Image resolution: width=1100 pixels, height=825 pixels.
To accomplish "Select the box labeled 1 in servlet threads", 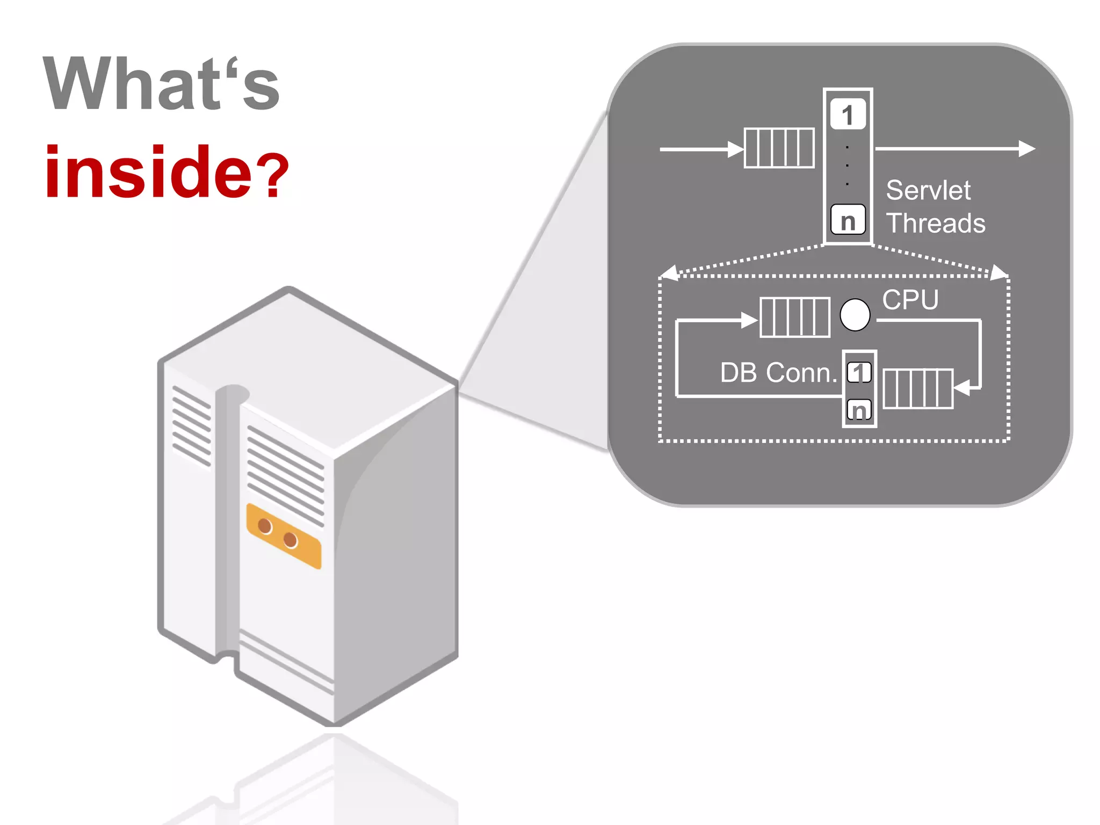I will coord(848,114).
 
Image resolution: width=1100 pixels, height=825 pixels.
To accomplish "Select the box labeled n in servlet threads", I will coord(848,220).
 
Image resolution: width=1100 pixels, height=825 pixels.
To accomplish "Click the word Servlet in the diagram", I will coord(928,190).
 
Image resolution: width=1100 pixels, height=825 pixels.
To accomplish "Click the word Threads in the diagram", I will coord(936,223).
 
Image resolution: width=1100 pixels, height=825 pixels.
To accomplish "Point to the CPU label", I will coord(910,300).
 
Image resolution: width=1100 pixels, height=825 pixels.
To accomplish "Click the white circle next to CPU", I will coord(855,315).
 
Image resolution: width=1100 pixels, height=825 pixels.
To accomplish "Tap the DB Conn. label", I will coord(778,372).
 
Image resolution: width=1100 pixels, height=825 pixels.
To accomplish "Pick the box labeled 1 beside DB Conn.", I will coord(859,372).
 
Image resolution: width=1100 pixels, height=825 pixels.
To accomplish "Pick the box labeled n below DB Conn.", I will coord(859,410).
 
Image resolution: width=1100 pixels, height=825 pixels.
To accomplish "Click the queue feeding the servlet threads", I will coord(779,148).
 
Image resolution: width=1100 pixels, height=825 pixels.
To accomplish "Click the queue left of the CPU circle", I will coord(795,317).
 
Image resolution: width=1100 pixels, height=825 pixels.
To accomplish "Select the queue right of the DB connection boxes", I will coord(918,388).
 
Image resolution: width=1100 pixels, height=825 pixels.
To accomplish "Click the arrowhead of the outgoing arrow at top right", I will coord(1026,149).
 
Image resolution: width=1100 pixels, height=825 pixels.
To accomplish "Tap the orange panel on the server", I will coord(284,535).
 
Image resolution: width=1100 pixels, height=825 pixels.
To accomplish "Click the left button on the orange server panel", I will coord(265,526).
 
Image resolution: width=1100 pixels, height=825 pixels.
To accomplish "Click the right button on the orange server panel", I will coord(290,539).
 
